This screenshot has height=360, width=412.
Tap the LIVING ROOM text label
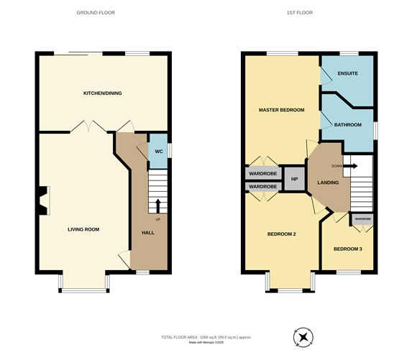[83, 229]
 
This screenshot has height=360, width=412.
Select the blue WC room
[158, 151]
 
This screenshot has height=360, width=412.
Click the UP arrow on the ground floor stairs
[157, 208]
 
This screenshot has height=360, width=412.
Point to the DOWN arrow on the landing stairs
[350, 165]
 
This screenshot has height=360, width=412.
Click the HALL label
[147, 233]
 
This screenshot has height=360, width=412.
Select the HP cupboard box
[294, 179]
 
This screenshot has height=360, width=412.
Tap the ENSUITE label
[348, 74]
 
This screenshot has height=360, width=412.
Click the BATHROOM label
[348, 124]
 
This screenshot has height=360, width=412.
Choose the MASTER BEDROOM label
[282, 110]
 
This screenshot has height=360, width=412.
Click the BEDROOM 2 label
[282, 234]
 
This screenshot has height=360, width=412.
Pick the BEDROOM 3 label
[348, 249]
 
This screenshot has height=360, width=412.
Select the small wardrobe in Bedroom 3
[362, 218]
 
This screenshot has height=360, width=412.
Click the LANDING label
[328, 183]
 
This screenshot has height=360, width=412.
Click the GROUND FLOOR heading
[96, 13]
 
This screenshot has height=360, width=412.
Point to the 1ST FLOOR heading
[307, 13]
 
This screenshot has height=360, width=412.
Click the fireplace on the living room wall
[44, 200]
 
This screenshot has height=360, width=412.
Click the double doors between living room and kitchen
[88, 128]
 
